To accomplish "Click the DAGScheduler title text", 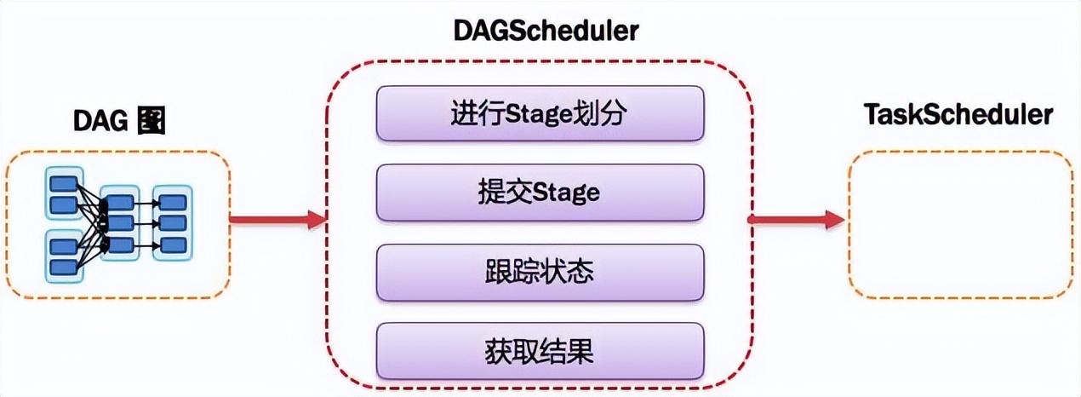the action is [546, 32].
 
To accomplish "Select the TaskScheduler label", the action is [958, 115].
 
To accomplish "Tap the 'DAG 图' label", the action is [118, 122].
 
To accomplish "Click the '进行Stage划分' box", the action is [540, 114].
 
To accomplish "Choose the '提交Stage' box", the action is [540, 193].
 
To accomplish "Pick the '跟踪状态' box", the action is [540, 273].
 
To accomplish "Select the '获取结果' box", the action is [540, 350].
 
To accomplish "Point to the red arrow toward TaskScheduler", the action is [796, 220].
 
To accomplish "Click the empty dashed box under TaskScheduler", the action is [960, 224].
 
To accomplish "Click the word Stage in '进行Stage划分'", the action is [542, 114].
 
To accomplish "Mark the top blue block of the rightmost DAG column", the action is [173, 203].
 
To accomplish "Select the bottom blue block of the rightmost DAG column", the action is [173, 245].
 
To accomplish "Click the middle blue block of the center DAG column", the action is [120, 223].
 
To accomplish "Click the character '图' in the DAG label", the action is [150, 122].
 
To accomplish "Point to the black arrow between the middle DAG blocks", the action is [146, 223].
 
